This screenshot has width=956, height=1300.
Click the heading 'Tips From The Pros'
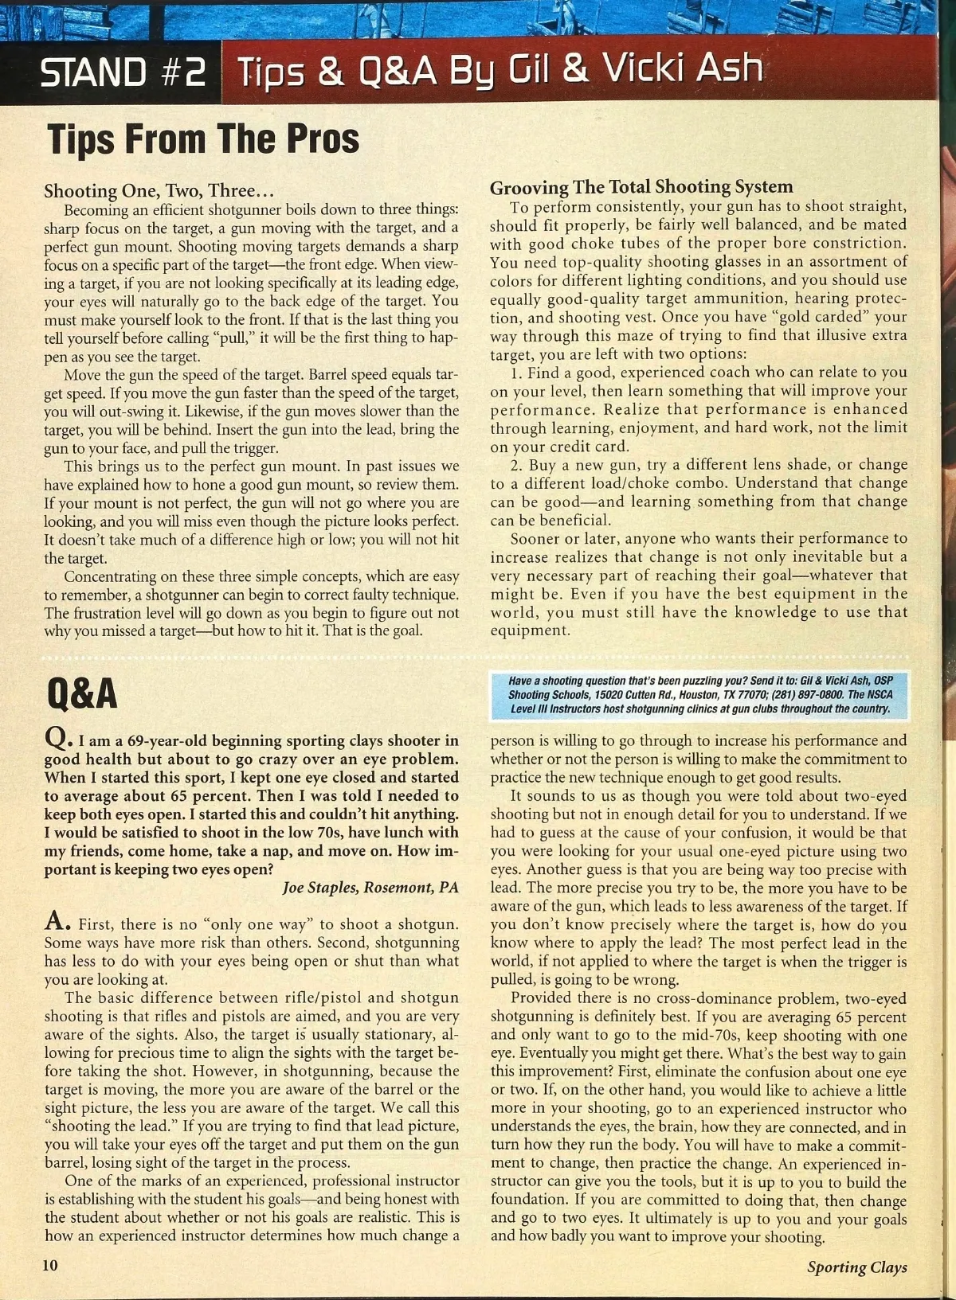pyautogui.click(x=203, y=139)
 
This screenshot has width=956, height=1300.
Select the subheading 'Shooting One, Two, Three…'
pyautogui.click(x=159, y=191)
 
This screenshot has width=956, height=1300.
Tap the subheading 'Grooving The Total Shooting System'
pyautogui.click(x=641, y=187)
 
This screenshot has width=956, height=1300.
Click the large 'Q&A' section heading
pyautogui.click(x=82, y=693)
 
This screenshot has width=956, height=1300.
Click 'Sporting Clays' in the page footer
pyautogui.click(x=856, y=1267)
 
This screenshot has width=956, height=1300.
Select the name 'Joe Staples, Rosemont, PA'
pyautogui.click(x=371, y=888)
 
